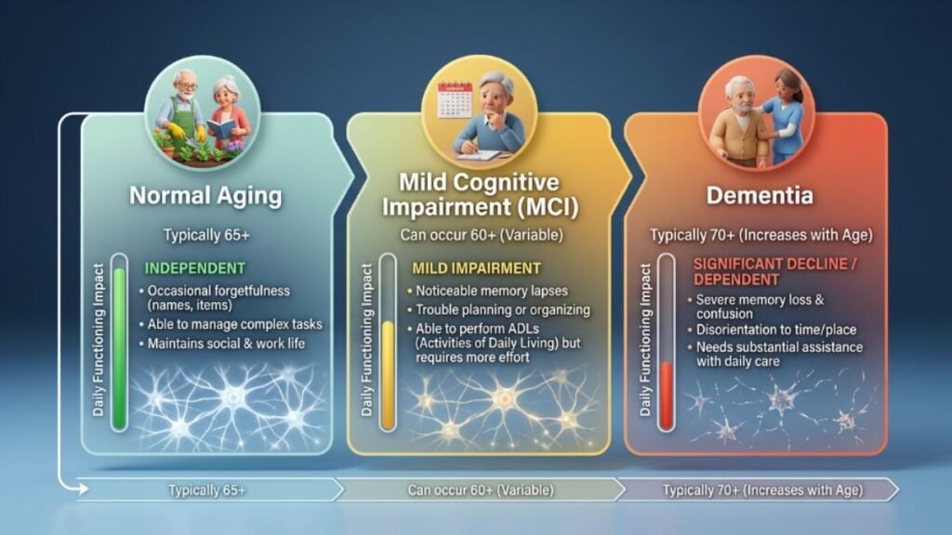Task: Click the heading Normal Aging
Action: click(205, 197)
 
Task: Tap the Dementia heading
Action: click(759, 197)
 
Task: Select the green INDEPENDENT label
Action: click(195, 268)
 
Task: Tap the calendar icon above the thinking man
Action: click(456, 97)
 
